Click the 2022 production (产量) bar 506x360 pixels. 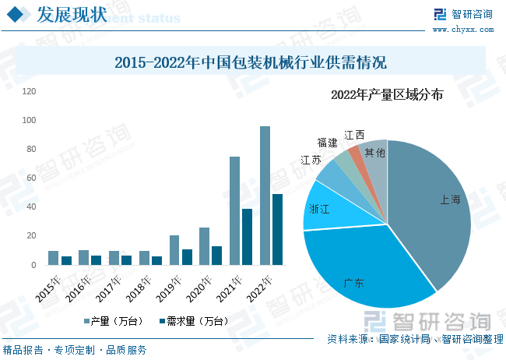[x=265, y=195]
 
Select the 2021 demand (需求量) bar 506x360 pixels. [x=247, y=236]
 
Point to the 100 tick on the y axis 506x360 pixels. [x=30, y=120]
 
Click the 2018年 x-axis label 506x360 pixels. [x=138, y=288]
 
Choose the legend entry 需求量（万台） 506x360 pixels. [x=192, y=321]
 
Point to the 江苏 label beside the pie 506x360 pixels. [x=311, y=160]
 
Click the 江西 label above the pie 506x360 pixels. [x=354, y=135]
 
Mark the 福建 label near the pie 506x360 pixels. [x=328, y=143]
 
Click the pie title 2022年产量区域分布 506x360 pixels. [x=387, y=95]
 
